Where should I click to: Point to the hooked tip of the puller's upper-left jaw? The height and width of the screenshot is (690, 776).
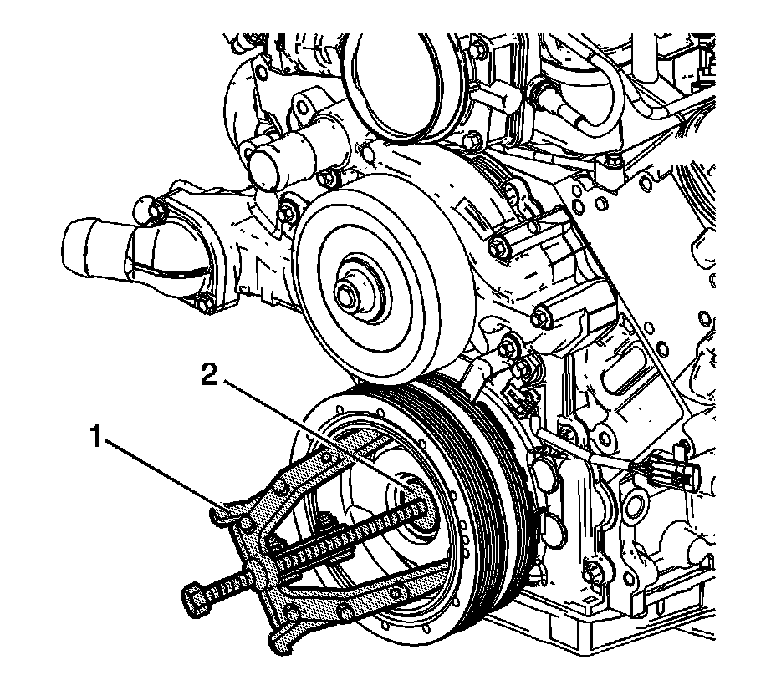(219, 515)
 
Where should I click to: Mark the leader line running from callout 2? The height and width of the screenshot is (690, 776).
(309, 430)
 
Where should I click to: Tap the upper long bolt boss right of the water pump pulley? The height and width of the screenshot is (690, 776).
(500, 245)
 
